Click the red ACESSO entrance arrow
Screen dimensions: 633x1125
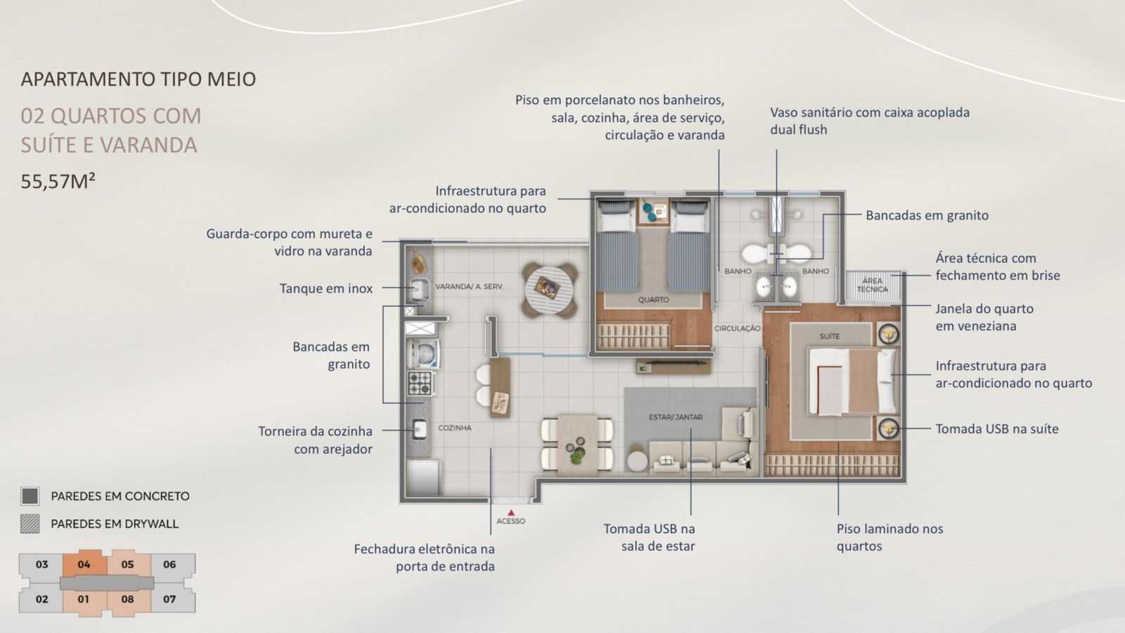[511, 513]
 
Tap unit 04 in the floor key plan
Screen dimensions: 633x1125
[84, 564]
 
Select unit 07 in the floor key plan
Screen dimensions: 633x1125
[169, 599]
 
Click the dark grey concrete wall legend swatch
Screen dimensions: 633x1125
[30, 496]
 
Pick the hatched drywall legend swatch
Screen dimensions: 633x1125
[30, 523]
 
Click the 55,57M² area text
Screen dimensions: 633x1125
[58, 181]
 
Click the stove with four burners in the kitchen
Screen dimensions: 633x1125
[420, 383]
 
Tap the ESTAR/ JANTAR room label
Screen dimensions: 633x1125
[675, 417]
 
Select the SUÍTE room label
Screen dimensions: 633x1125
[830, 336]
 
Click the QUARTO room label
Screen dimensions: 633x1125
[653, 300]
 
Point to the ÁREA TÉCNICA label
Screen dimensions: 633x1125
[872, 285]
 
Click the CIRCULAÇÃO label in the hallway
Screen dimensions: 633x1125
[737, 328]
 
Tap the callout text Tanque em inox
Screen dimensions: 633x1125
[326, 288]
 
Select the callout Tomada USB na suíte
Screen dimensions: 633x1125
[996, 429]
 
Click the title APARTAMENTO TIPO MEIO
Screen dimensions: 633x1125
[139, 79]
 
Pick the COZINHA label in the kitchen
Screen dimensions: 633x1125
[454, 428]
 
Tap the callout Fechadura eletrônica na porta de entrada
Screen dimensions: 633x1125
[424, 557]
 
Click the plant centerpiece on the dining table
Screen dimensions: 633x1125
[577, 456]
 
